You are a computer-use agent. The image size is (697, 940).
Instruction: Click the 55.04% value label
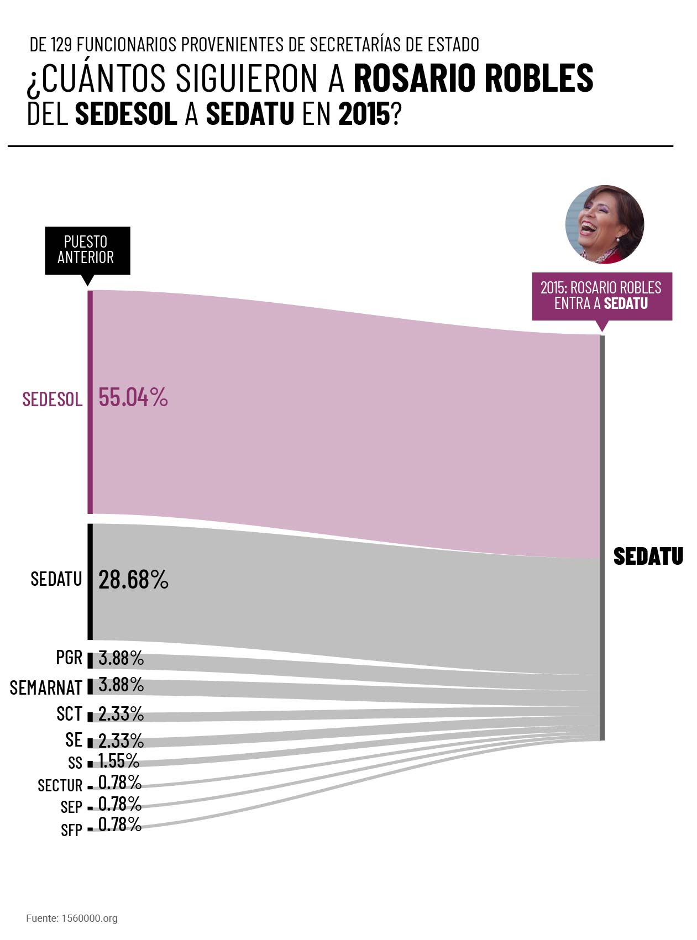(x=133, y=397)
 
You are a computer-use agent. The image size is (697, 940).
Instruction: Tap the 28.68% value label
(x=133, y=580)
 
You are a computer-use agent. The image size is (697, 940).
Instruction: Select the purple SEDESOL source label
(x=53, y=399)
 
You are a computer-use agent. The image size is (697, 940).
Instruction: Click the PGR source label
(x=69, y=658)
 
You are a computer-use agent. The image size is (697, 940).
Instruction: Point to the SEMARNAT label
(x=46, y=687)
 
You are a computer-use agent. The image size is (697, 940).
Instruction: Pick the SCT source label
(x=69, y=714)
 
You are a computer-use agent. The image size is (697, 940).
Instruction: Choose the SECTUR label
(x=60, y=785)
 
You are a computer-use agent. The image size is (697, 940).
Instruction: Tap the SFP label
(x=71, y=829)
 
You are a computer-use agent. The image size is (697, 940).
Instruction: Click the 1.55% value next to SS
(x=119, y=761)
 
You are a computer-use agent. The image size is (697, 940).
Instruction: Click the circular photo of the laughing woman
(x=605, y=224)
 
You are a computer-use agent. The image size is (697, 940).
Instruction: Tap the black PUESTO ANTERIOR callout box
(x=87, y=250)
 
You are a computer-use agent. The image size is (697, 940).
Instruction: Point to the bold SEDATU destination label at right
(x=648, y=556)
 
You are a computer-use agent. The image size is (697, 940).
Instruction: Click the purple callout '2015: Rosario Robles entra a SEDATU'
(x=602, y=296)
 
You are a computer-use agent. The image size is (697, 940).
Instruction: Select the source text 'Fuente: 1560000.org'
(x=72, y=918)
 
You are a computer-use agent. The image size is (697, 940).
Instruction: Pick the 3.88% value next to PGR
(x=121, y=658)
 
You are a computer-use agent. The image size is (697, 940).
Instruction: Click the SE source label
(x=74, y=739)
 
